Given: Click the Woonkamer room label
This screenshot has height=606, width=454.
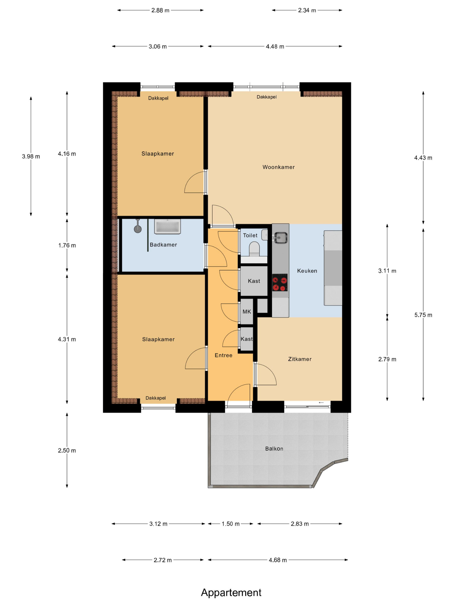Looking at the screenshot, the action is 278,167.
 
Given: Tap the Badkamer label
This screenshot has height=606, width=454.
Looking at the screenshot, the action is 163,245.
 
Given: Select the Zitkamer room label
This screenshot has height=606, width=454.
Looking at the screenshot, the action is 300,359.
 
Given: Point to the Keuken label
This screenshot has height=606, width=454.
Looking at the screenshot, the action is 307,271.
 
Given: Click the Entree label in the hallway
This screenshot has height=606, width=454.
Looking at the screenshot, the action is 223,355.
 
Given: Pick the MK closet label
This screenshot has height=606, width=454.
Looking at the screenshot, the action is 247,312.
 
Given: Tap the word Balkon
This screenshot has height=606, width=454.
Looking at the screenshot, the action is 274,449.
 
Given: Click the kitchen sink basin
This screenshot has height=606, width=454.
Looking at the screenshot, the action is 280,237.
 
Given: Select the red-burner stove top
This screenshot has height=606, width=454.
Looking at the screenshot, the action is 280,282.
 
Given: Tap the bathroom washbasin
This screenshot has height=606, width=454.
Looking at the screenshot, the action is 167,227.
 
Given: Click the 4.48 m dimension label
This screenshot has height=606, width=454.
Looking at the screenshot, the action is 275,47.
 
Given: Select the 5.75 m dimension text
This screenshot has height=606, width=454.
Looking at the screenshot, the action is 423,315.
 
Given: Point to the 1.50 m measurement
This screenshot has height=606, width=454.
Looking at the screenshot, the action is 230,524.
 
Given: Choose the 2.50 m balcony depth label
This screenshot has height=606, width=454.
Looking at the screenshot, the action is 67,450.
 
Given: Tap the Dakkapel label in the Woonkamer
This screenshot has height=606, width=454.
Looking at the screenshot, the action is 266,97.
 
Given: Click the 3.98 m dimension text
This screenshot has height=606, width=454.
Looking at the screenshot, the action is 31,156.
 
